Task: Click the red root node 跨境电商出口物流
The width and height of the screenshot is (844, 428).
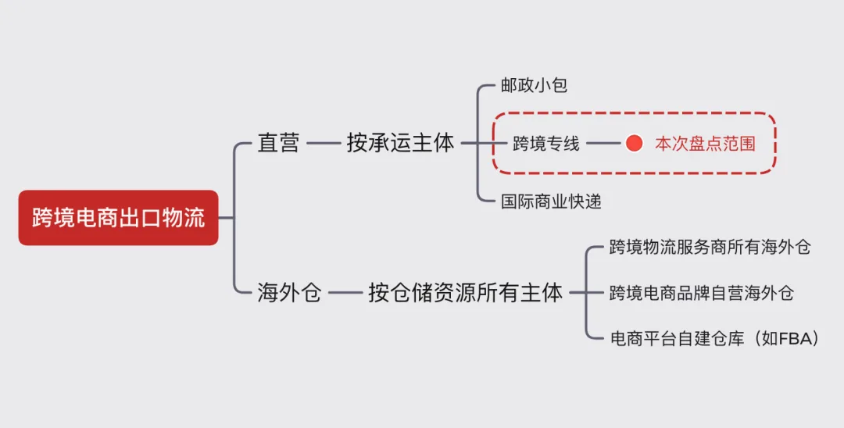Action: pyautogui.click(x=118, y=218)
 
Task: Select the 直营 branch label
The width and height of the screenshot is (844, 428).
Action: pyautogui.click(x=278, y=143)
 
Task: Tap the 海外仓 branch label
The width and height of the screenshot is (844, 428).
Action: pyautogui.click(x=289, y=293)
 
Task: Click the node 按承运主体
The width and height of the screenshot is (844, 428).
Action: pyautogui.click(x=400, y=143)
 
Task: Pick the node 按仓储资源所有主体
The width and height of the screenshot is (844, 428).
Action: pyautogui.click(x=465, y=293)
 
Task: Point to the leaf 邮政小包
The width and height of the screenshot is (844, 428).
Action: pyautogui.click(x=534, y=86)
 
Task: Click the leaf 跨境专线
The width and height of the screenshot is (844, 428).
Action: pyautogui.click(x=546, y=144)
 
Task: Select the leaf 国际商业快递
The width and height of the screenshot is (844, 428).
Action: pyautogui.click(x=551, y=201)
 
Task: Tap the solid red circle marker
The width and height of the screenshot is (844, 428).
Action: pyautogui.click(x=634, y=144)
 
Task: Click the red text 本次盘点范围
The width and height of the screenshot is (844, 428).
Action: pyautogui.click(x=705, y=144)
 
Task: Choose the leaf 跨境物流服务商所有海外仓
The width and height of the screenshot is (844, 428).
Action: pyautogui.click(x=710, y=248)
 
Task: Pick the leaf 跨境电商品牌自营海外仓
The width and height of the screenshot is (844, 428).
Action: pyautogui.click(x=701, y=293)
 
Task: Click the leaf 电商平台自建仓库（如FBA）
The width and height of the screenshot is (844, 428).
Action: pyautogui.click(x=714, y=338)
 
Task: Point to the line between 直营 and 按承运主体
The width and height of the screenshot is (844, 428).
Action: pyautogui.click(x=323, y=143)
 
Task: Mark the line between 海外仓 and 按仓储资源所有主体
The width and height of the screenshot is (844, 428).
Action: pyautogui.click(x=345, y=293)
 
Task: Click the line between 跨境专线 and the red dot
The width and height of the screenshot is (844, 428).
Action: pyautogui.click(x=602, y=144)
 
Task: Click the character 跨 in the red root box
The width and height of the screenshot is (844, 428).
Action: pyautogui.click(x=42, y=218)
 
